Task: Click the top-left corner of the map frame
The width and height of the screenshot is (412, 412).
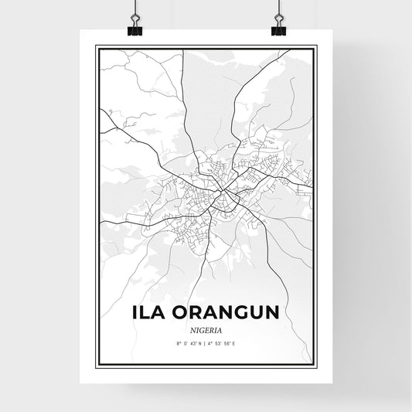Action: [96, 46]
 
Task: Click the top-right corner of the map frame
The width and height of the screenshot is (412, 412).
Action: [315, 46]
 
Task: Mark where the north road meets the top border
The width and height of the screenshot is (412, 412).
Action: [183, 49]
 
